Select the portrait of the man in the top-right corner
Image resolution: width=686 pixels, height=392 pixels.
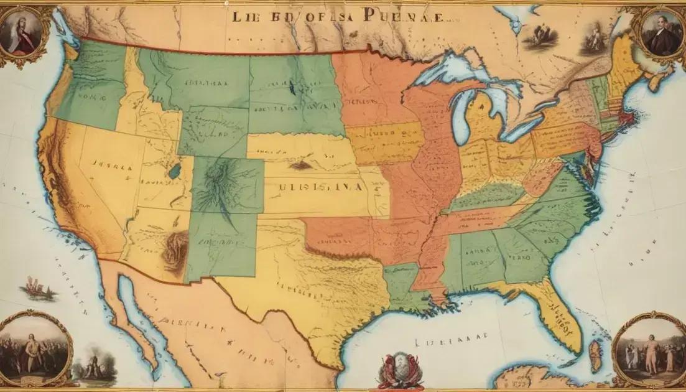point(660,34)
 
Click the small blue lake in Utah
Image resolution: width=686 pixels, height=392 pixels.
point(176,170)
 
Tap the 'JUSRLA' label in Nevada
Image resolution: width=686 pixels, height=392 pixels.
point(112,167)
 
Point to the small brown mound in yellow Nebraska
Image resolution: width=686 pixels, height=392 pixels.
point(301,166)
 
